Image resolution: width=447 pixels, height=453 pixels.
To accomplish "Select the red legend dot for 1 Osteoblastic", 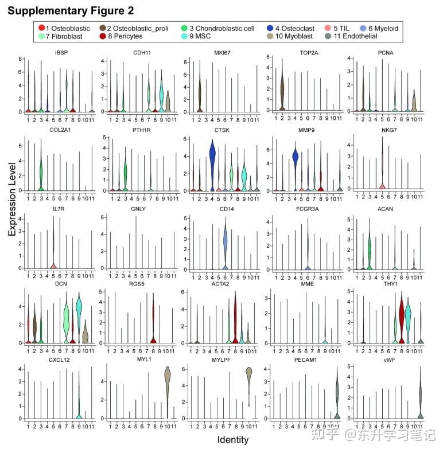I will click(x=41, y=28).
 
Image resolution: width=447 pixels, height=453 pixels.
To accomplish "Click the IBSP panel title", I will click(x=56, y=53).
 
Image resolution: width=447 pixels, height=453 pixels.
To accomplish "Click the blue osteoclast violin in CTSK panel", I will click(x=212, y=158).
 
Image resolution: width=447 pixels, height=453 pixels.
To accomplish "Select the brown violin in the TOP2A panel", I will click(x=282, y=92).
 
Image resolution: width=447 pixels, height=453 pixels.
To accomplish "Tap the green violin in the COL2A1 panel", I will click(x=41, y=172).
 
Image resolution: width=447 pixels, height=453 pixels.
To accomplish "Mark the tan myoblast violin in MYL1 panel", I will click(x=168, y=381).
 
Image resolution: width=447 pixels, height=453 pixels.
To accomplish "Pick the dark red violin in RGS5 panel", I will click(x=153, y=318).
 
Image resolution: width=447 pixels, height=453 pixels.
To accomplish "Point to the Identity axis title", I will click(x=233, y=440).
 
